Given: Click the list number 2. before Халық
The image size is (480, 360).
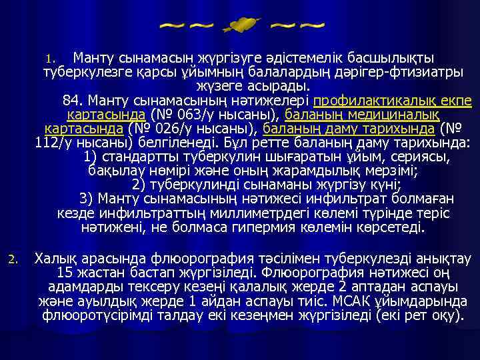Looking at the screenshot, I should point(20,257).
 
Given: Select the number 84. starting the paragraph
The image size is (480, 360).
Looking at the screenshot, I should point(75,101).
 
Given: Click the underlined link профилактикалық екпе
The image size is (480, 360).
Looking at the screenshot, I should point(392,101).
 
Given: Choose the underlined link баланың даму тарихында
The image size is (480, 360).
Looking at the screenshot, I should point(349,128).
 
